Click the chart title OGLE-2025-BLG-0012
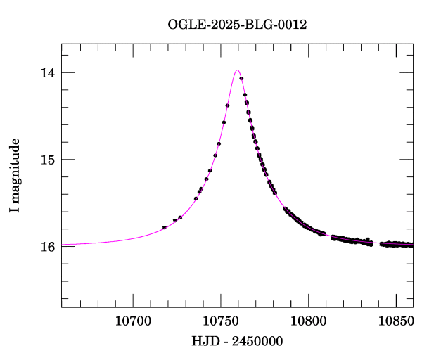(238, 25)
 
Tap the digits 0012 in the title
(293, 25)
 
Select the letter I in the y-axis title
(15, 209)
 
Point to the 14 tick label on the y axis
(47, 73)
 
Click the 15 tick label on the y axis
(47, 160)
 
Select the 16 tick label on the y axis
(47, 246)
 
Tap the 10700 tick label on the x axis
(133, 321)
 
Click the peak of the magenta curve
(237, 70)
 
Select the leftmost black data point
(164, 227)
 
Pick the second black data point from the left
(174, 221)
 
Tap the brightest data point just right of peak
(241, 79)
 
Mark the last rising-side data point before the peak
(227, 105)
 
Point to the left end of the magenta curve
(63, 244)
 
